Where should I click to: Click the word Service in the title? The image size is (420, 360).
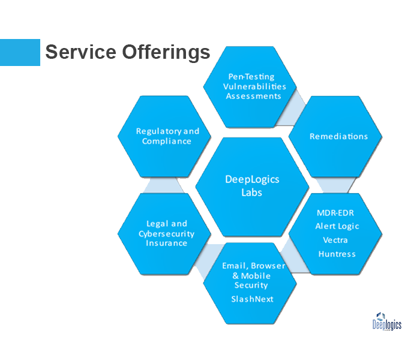pos(80,52)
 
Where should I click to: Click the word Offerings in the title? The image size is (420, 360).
pos(166,53)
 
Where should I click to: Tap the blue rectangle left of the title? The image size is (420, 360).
pos(20,53)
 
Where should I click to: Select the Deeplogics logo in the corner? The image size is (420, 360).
pos(387,322)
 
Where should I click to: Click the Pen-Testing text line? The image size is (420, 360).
pos(251,77)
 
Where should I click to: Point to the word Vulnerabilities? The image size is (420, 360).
pos(254,86)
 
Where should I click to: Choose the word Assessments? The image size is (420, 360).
pos(253,96)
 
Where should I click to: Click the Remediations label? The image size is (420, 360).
pos(338,136)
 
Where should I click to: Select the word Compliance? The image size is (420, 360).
pos(167,141)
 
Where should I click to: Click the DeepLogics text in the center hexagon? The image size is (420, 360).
pos(252,179)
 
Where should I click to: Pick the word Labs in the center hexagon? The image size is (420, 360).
pos(251,193)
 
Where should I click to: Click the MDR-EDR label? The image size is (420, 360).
pos(335,213)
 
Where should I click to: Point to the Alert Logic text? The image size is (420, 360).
pos(337,226)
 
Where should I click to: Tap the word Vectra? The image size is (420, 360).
pos(335,240)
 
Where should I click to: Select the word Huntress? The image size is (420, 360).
pos(337,254)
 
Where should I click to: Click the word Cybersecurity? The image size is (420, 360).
pos(166,234)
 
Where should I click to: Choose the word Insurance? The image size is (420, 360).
pos(166,243)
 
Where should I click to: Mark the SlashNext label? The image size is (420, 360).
pos(252,299)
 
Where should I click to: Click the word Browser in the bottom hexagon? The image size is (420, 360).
pos(268,266)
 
